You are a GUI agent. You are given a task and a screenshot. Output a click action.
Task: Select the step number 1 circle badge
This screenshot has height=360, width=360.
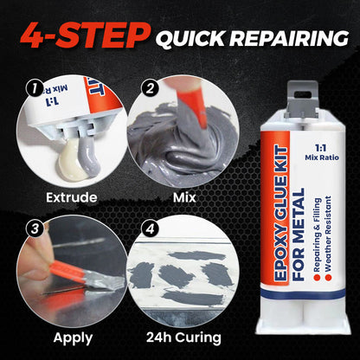[x=32, y=87]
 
